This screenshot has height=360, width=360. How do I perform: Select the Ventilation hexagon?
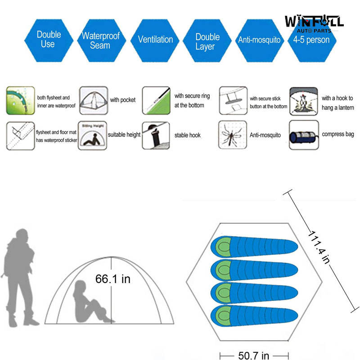(155, 40)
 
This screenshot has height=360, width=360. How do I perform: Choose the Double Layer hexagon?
(207, 41)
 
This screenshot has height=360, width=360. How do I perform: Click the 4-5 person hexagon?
(311, 40)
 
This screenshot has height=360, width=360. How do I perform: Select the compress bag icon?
(303, 135)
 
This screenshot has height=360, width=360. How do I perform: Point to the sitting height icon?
(93, 135)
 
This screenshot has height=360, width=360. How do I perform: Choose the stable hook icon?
(156, 135)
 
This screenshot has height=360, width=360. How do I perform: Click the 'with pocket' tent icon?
(93, 100)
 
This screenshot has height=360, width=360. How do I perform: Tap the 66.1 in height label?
(112, 279)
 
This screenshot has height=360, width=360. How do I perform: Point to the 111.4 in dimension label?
(320, 247)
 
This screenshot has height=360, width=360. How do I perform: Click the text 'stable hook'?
(188, 135)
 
